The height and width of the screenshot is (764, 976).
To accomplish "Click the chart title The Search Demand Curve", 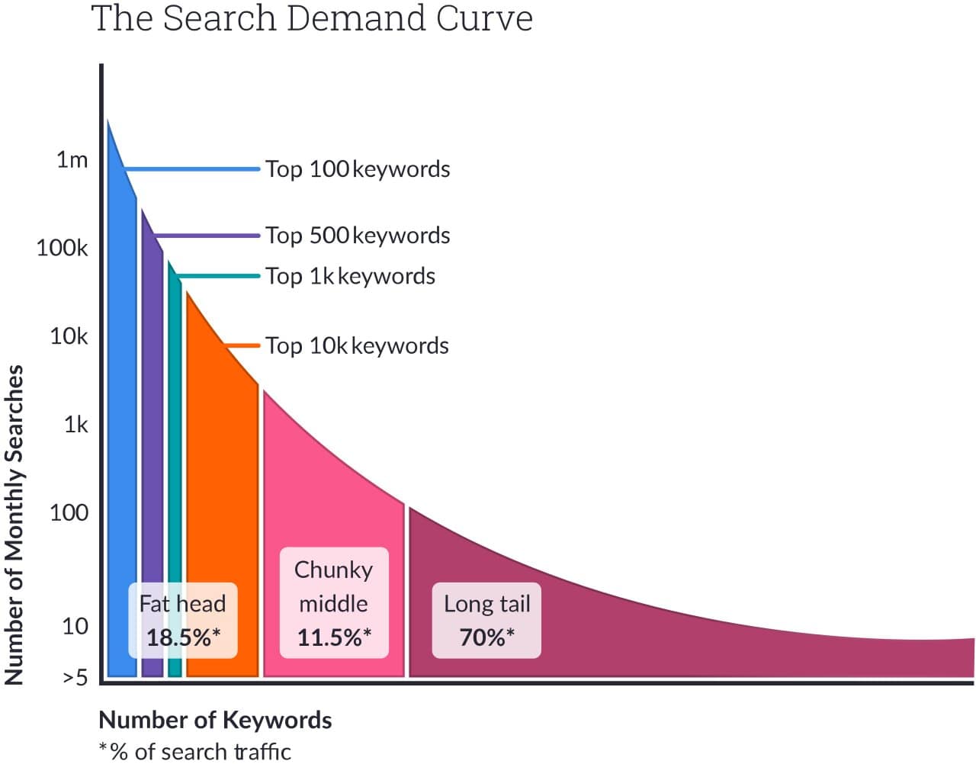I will (x=311, y=18).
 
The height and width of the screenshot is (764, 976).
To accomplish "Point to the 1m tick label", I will (x=72, y=160).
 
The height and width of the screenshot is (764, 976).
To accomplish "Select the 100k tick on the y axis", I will (x=62, y=248).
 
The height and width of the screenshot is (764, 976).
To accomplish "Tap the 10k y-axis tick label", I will (x=69, y=336).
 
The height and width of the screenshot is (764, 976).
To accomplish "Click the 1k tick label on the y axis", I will (x=75, y=425).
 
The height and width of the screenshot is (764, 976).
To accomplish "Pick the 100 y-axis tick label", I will (x=69, y=512).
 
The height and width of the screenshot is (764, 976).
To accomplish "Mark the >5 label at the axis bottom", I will (x=75, y=677).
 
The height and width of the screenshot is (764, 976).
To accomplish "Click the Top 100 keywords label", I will (x=357, y=169).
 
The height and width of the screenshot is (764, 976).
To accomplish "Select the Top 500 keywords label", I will (x=357, y=236).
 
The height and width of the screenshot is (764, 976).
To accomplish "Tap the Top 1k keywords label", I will (x=350, y=276).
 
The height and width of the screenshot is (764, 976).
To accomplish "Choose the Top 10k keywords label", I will (x=357, y=346).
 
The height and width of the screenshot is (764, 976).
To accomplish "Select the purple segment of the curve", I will (x=152, y=457).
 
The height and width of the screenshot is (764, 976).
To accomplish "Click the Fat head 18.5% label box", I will (x=182, y=621).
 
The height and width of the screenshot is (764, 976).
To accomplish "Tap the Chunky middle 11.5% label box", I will (x=334, y=603).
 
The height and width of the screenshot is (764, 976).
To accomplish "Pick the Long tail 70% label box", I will (x=486, y=621).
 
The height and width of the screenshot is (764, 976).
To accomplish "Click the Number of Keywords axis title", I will (x=215, y=721).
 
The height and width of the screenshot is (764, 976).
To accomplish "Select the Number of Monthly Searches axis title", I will (x=14, y=525).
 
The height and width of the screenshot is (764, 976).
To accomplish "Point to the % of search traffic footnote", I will (x=195, y=752).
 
